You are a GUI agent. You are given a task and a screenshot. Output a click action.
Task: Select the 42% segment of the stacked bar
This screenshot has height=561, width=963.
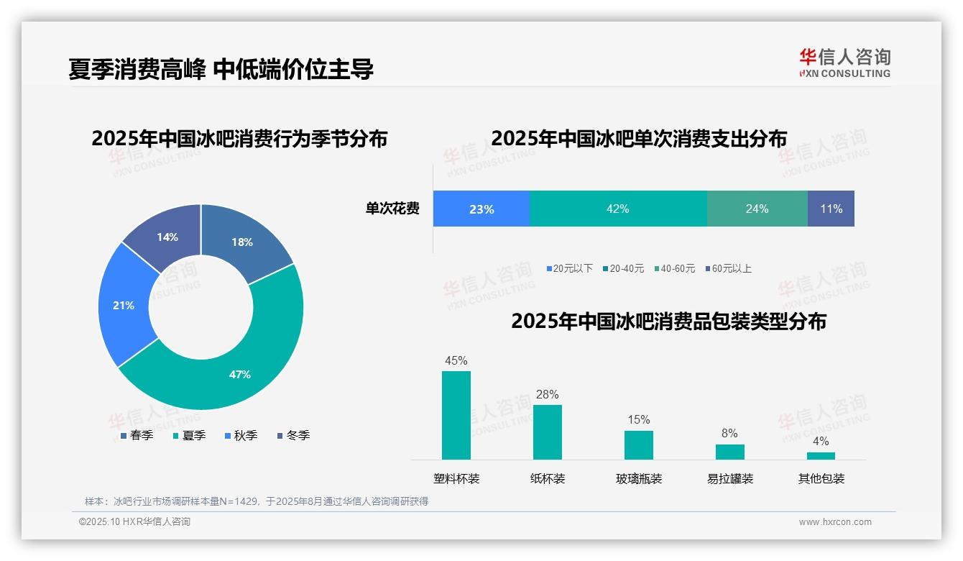[618, 209]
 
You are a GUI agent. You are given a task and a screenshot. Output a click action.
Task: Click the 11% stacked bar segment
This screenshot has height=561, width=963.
[831, 209]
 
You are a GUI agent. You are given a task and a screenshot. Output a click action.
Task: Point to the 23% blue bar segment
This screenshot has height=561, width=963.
[481, 209]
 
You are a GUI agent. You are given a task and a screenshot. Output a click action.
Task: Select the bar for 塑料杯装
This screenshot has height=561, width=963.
[456, 415]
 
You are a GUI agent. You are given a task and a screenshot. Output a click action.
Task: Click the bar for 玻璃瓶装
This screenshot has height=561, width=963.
[638, 444]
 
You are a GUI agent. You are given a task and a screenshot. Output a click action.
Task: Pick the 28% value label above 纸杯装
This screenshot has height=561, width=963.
[547, 394]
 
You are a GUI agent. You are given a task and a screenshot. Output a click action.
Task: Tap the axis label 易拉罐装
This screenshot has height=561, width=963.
[730, 478]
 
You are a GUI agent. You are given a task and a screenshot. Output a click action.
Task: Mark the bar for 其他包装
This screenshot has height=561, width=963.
[821, 455]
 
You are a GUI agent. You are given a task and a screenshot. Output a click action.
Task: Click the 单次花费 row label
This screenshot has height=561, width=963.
[392, 209]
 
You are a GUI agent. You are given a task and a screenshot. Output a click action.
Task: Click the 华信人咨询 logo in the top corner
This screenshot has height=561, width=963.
[844, 63]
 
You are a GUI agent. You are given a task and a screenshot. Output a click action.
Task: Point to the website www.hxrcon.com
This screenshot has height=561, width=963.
[835, 522]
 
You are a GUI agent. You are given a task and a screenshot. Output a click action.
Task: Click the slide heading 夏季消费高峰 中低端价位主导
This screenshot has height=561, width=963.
[221, 70]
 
